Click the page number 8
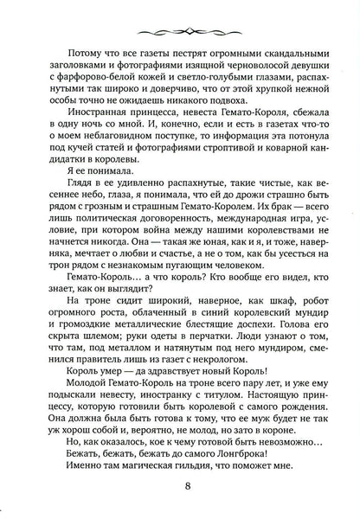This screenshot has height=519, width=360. point(180,484)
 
